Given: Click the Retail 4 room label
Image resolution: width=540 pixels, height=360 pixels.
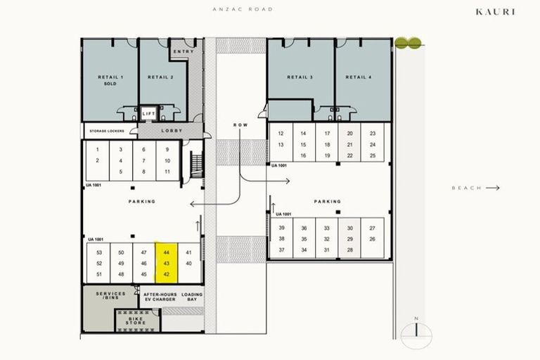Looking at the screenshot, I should click(x=363, y=77).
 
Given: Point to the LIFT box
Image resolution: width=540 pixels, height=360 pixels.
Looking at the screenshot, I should click(x=148, y=113).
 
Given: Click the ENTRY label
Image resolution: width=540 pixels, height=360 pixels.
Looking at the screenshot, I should click(x=183, y=51).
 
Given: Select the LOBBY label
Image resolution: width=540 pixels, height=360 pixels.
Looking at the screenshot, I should click(x=172, y=131).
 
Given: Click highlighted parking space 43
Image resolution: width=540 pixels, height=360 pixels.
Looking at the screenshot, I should click(x=167, y=263).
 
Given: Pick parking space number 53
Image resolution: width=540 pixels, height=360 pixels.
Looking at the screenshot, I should click(x=99, y=252).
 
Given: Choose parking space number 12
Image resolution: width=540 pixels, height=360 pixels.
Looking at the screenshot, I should click(x=281, y=133).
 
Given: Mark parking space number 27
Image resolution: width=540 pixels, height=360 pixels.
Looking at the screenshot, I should click(x=372, y=229).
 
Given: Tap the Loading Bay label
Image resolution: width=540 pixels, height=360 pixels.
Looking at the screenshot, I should click(x=191, y=297).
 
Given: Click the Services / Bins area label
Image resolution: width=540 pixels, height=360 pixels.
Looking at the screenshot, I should click(x=111, y=297).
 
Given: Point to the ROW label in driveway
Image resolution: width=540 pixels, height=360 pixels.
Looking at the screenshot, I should click(x=240, y=125).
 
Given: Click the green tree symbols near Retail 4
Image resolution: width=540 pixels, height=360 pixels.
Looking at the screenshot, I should click(x=409, y=44).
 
